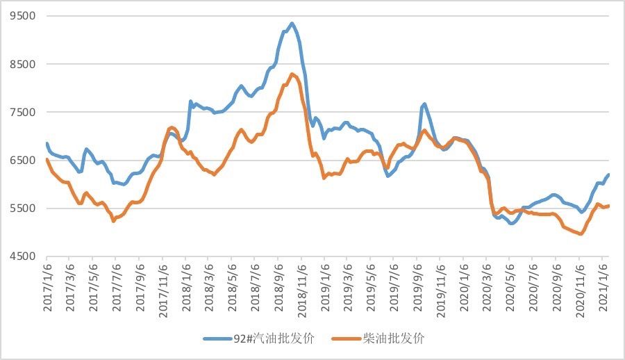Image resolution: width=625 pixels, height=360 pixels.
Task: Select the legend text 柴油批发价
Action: (393, 338)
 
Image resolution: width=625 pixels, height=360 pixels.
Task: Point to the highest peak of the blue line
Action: (292, 24)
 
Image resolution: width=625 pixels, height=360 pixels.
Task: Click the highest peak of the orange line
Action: (292, 74)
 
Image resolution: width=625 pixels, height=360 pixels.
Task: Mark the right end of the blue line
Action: (608, 175)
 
